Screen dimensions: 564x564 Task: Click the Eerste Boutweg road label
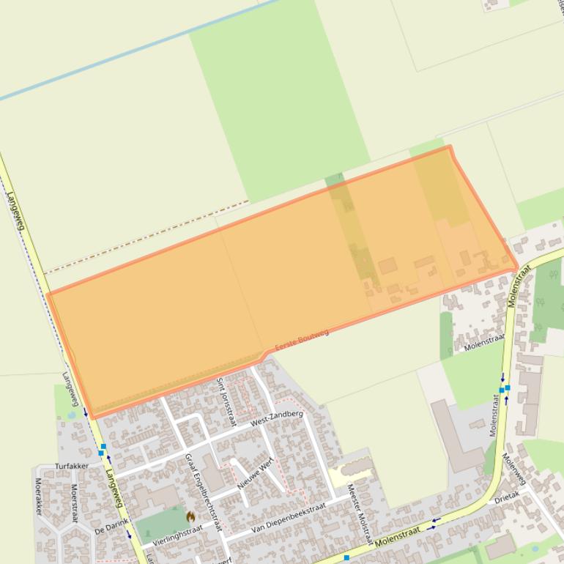pos(302,341)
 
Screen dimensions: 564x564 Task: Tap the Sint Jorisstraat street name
pos(223,397)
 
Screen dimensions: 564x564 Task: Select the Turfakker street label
pos(72,466)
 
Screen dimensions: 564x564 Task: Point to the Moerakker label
pos(38,496)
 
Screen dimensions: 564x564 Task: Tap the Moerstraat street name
pos(74,502)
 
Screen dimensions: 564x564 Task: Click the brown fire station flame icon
pos(190,517)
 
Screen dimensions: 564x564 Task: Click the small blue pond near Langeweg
pos(71,414)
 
